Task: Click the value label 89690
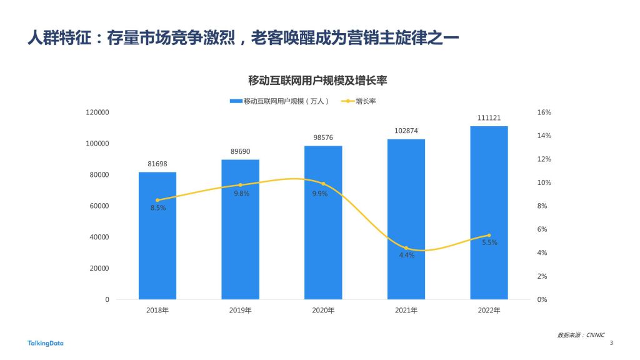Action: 240,151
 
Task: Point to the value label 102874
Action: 406,131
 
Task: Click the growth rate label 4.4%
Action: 407,255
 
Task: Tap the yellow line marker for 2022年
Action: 489,236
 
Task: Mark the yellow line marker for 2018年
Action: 157,200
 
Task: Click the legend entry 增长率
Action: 364,101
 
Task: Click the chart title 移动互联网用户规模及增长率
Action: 318,81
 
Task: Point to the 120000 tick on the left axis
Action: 97,112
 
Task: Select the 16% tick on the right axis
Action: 544,112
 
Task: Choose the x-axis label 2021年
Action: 406,311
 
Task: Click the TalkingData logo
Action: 46,342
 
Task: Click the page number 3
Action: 611,342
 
